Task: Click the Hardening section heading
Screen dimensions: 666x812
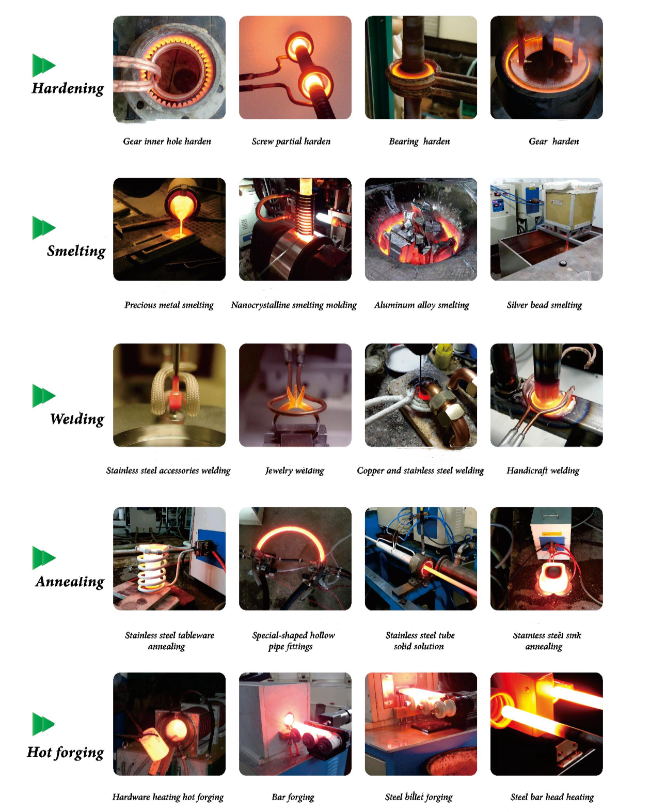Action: (x=68, y=88)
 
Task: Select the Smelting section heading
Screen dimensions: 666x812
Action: (x=76, y=251)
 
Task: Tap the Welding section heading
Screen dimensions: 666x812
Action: (x=77, y=419)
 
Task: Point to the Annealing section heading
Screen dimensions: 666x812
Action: (x=70, y=582)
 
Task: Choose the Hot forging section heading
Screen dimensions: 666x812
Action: (x=66, y=752)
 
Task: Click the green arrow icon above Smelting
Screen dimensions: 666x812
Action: (x=44, y=228)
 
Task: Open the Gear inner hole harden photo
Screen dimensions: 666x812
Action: (x=169, y=68)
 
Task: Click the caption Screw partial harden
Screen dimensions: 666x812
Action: (x=291, y=142)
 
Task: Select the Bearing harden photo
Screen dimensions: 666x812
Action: (x=421, y=68)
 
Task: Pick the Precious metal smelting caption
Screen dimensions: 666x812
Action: (x=169, y=305)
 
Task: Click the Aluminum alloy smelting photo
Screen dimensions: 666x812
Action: (x=421, y=229)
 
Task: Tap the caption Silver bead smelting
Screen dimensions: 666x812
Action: (x=544, y=305)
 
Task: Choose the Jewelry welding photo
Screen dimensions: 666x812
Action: (x=295, y=395)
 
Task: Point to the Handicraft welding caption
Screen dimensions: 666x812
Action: (x=543, y=471)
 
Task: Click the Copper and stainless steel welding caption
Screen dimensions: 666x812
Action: (x=420, y=471)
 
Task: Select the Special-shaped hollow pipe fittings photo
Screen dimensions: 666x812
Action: (x=295, y=559)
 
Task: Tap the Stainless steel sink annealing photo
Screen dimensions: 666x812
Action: (x=547, y=559)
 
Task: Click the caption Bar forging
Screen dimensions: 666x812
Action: (x=293, y=797)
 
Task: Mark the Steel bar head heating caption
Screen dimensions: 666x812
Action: (x=552, y=797)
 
